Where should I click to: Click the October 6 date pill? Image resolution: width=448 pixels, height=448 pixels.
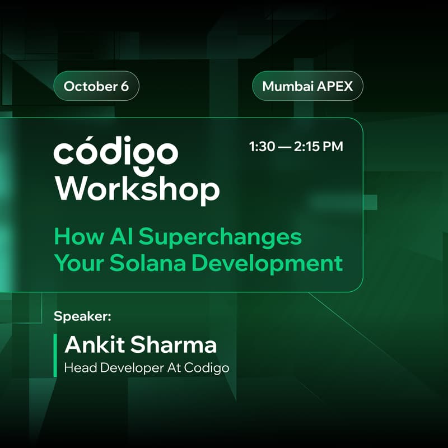[96, 87]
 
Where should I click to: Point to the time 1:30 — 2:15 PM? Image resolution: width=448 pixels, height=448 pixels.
[296, 147]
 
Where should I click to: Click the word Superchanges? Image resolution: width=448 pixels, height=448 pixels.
[220, 237]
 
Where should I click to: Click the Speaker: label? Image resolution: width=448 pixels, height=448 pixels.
[83, 316]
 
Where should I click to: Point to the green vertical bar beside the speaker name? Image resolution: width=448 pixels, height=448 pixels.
[55, 355]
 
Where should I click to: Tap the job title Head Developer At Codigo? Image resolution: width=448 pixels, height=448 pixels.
[147, 368]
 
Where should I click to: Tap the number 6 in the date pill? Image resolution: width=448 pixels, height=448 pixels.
[124, 87]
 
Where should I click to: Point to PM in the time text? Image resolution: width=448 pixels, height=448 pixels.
[332, 147]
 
